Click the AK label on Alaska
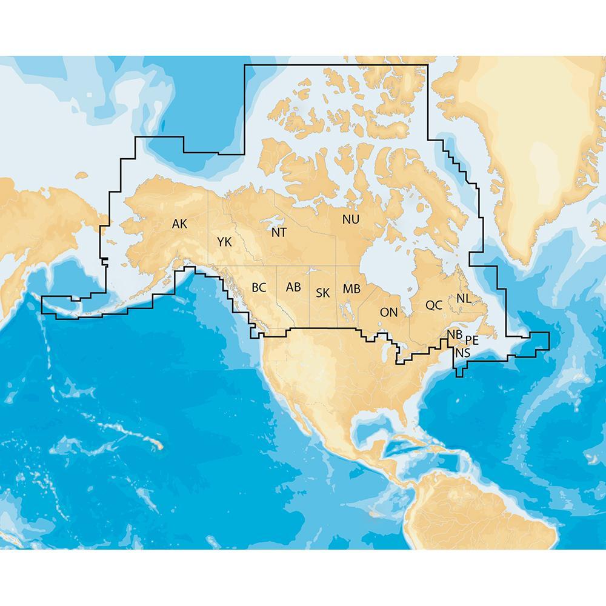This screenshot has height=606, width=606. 179,224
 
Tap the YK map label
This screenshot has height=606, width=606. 224,242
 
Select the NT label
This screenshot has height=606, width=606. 279,232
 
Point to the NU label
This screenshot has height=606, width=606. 350,219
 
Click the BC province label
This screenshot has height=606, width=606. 259,287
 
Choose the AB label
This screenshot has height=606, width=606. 293,287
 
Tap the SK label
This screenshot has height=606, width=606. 322,293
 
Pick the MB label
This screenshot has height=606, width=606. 351,288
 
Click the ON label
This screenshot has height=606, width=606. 388,313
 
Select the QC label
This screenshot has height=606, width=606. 434,305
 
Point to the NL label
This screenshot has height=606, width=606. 464,298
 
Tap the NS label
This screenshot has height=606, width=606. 462,352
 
